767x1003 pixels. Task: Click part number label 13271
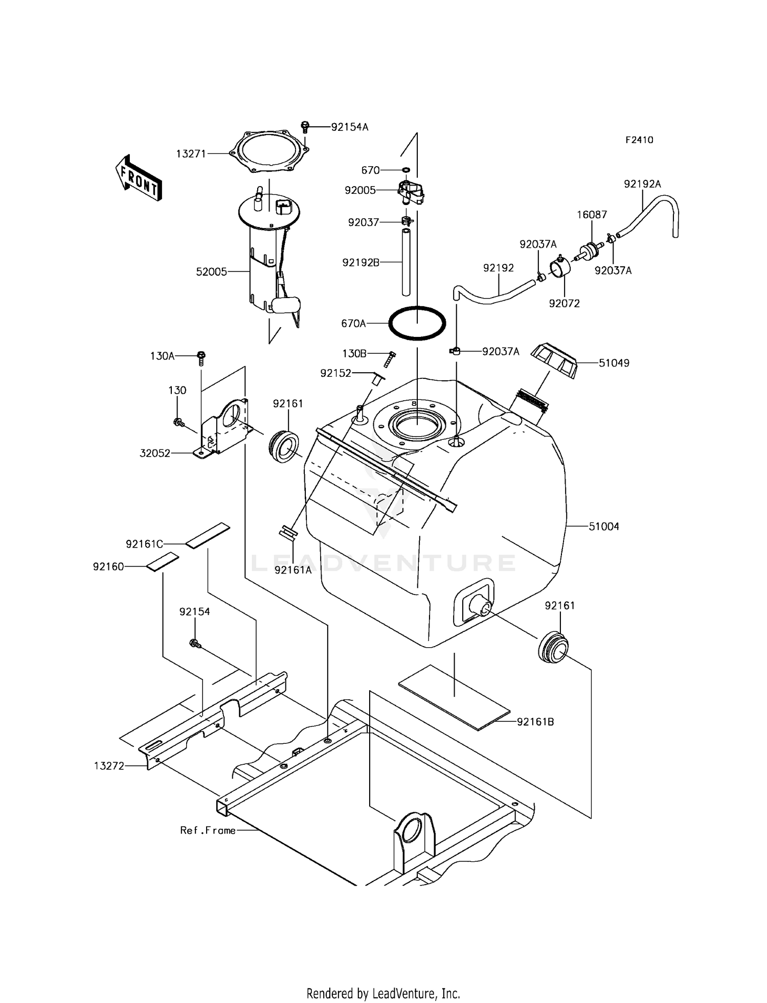coord(191,153)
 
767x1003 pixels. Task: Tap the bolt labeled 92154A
coord(305,126)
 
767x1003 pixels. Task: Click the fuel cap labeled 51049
coord(554,360)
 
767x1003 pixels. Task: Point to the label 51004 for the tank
coord(603,527)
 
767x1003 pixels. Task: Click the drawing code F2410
coord(639,140)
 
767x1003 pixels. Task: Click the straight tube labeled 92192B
coord(406,262)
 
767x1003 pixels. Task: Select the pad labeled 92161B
coord(454,697)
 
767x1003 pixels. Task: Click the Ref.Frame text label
coord(208,831)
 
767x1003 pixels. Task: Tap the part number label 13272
coord(109,766)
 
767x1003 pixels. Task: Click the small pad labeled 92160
coord(163,561)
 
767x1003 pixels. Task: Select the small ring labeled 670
coord(405,169)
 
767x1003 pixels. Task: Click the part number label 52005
coord(211,272)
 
